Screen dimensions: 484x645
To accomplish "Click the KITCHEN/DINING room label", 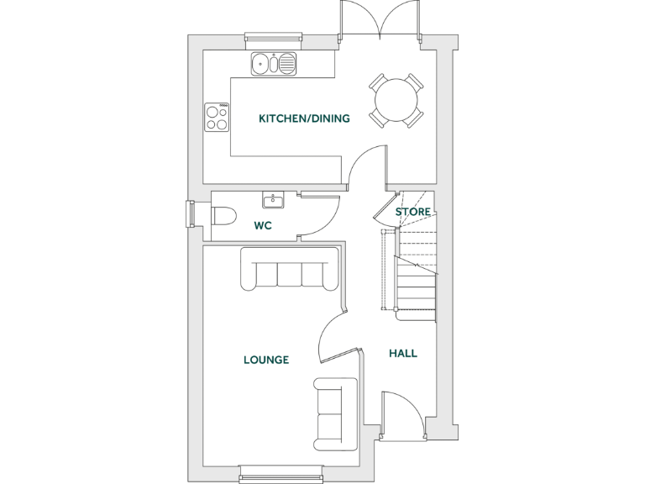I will (304, 118).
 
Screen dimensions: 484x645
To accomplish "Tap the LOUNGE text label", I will (266, 360).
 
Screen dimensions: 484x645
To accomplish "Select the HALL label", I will (403, 354).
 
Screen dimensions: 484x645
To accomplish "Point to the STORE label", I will (413, 213).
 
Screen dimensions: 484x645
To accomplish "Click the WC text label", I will (262, 225).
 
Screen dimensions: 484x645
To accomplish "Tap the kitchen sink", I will (274, 62).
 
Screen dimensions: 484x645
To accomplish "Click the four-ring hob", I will (217, 117).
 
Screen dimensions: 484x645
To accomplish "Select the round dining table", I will (396, 101).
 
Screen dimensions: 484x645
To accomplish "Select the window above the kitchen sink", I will (273, 36).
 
